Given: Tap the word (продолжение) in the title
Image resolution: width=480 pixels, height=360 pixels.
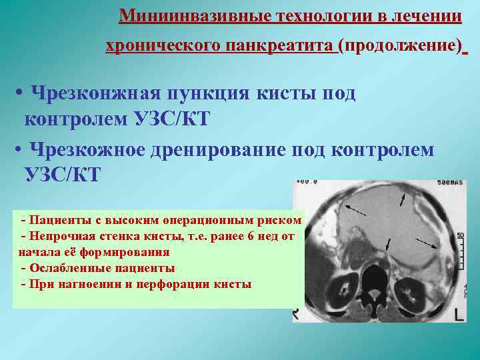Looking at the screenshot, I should [x=399, y=45].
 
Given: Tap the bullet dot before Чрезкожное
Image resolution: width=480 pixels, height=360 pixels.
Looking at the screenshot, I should [x=18, y=149].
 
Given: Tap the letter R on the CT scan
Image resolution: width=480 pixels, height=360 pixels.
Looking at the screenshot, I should [x=294, y=313].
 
